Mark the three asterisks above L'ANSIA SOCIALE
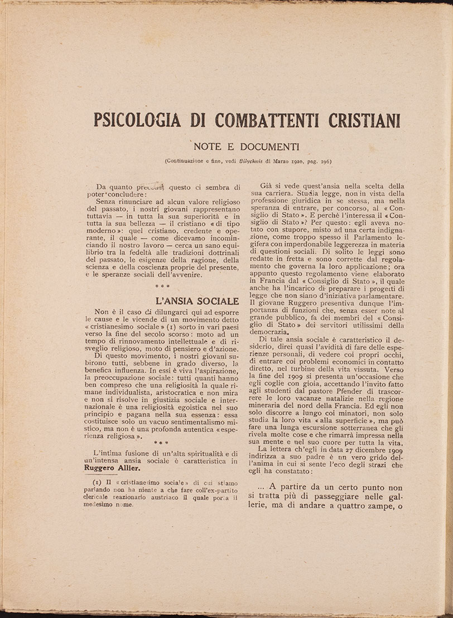click(x=163, y=287)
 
